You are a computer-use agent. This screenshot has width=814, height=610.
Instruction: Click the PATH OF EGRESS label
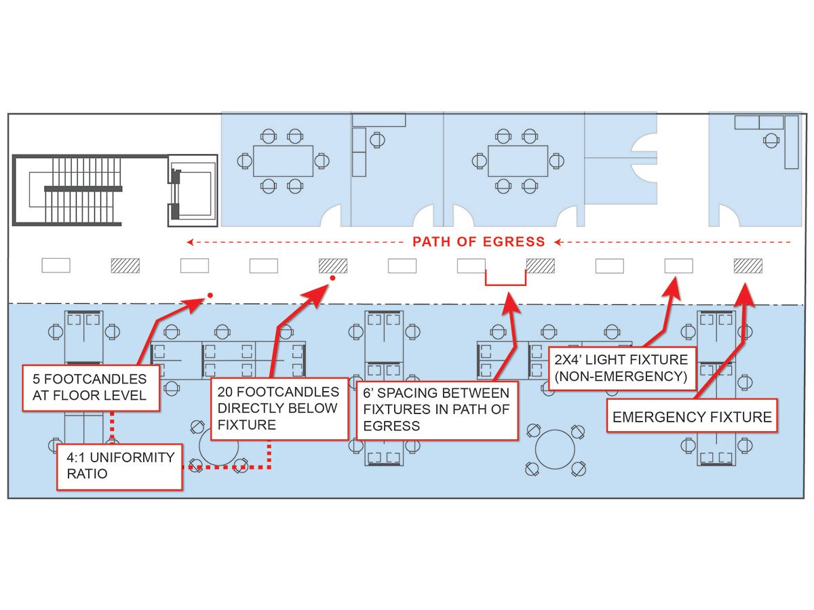coord(478,241)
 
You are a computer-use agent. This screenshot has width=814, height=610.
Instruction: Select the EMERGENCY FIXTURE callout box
coord(692,417)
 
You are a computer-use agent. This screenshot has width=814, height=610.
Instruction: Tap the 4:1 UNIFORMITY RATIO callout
coord(120,466)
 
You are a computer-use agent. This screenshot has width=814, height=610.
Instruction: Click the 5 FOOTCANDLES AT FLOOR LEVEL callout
coord(90,388)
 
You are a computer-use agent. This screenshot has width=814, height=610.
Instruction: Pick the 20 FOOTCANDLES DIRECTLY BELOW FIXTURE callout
coord(278,409)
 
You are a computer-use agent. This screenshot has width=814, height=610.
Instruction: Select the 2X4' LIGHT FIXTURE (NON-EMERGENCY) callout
coord(621,368)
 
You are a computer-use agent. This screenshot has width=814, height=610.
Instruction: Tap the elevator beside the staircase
coord(193,190)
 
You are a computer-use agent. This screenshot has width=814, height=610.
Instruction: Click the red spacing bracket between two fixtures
coord(505,279)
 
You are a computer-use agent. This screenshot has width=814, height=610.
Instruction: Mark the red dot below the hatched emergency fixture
coord(332,278)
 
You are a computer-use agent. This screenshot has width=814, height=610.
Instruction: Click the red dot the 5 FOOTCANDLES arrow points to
coord(210,295)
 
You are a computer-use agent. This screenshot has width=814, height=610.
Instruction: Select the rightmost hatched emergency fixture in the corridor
coord(748,266)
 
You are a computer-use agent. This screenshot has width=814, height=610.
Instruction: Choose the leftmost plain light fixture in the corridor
coord(56,266)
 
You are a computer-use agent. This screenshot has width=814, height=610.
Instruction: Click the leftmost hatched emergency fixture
coord(125,266)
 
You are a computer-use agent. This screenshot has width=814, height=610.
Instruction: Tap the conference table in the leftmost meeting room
coord(283,161)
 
